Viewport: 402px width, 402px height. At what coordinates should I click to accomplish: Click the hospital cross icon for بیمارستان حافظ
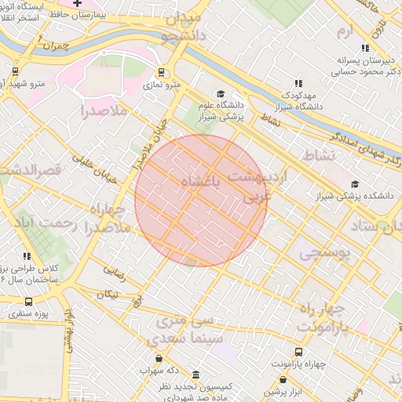point(77,4)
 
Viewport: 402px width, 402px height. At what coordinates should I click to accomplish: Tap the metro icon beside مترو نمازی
point(161,73)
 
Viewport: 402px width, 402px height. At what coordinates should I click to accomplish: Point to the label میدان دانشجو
point(182,27)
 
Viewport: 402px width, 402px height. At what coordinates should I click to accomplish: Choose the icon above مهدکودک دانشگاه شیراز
point(298,82)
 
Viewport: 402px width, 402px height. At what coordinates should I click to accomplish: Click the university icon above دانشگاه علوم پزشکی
point(221,94)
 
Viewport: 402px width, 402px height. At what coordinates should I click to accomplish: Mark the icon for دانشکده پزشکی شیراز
point(356,185)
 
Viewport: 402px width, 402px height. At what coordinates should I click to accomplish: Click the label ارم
point(345,31)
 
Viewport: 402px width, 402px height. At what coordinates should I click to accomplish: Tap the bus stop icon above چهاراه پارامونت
point(298,353)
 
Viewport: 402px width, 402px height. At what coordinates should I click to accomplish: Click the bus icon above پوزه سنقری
point(28,301)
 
